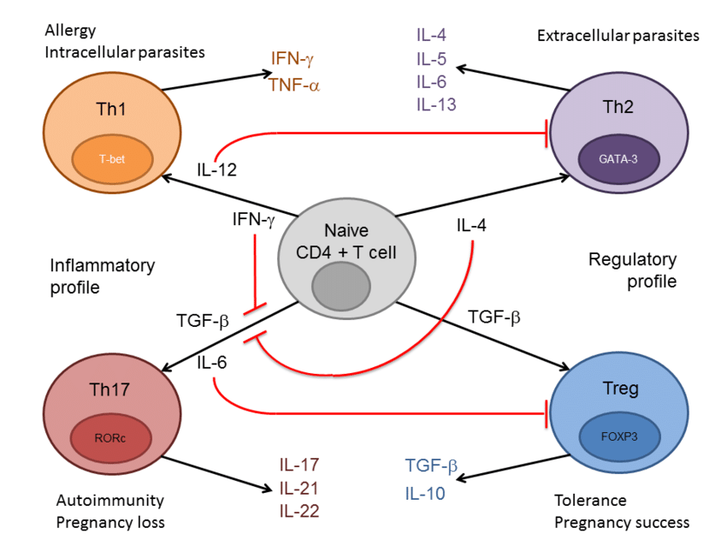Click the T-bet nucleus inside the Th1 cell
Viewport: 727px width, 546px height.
coord(112,159)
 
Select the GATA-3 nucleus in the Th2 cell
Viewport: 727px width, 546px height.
coord(618,158)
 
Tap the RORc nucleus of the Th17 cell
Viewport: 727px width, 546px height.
coord(111,438)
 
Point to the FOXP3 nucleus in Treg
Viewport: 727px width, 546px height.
coord(619,436)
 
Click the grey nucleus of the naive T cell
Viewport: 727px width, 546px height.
coord(340,286)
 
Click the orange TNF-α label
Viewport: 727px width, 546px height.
coord(294,86)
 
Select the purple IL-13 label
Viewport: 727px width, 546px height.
coord(436,104)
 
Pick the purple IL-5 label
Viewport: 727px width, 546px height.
coord(431,59)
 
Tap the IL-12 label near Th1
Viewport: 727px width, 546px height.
coord(216,169)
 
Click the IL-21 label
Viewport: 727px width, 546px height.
coord(299,488)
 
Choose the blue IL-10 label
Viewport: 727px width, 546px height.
coord(425,494)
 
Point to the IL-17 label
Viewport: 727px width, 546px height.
coord(299,465)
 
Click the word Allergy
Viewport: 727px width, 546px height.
coord(70,31)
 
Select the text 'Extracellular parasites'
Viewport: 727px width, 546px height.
coord(618,36)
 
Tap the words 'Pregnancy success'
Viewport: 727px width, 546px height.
coord(622,523)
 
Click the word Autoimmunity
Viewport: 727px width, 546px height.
coord(109,501)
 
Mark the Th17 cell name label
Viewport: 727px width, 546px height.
coord(109,389)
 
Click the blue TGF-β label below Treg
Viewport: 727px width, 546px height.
coord(431,466)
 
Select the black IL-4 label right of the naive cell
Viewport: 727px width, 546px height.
coord(471,225)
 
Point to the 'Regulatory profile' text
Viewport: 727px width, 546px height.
coord(632,270)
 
